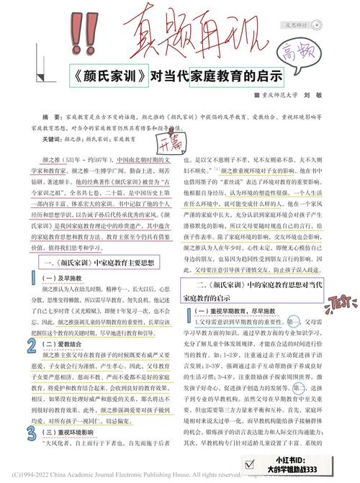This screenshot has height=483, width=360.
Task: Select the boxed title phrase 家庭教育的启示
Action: click(238, 74)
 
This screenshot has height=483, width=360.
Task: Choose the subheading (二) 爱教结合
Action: click(66, 346)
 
